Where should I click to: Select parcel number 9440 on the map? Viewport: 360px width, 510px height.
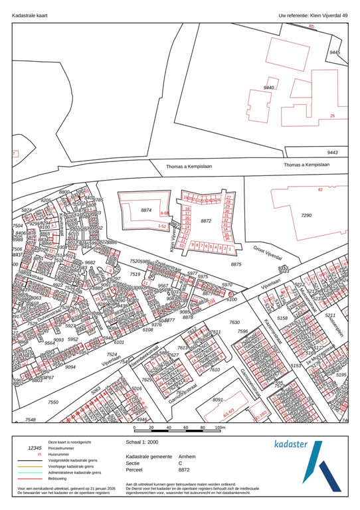[x=269, y=88]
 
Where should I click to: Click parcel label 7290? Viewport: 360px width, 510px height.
[x=306, y=216]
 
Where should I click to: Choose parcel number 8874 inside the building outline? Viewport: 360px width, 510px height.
[x=146, y=210]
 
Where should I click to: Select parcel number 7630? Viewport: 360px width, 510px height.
[x=234, y=322]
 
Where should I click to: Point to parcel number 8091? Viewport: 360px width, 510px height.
[x=218, y=400]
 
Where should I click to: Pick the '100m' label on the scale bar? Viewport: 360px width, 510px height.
[x=221, y=428]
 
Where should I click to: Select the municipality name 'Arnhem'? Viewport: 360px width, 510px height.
[x=189, y=458]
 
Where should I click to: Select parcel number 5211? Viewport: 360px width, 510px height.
[x=333, y=315]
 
